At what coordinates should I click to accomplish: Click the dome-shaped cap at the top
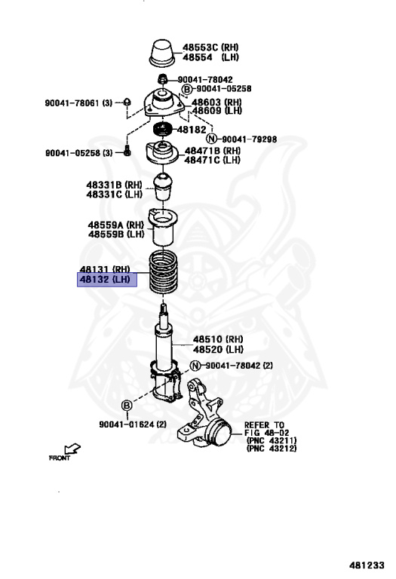point(162,54)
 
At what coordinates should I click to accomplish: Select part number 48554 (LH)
point(211,57)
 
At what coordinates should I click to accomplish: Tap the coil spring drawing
point(163,272)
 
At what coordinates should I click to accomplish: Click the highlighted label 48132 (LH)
point(107,280)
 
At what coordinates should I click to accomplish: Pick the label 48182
point(192,130)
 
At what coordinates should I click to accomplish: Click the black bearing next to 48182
point(162,129)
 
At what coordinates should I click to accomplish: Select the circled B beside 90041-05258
point(187,89)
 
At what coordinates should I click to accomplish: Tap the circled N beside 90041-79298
point(211,139)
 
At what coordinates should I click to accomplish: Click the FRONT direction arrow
point(72,449)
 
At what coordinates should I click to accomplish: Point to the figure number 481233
point(367,565)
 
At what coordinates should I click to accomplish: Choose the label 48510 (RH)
point(218,339)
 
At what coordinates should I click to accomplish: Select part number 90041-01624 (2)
point(133,424)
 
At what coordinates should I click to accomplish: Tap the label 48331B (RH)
point(114,185)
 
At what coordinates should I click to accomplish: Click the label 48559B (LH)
point(116,234)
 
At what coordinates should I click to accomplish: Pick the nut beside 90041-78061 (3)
point(127,102)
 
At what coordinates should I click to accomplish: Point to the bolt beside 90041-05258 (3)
point(127,151)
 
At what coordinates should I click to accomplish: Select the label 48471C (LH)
point(212,160)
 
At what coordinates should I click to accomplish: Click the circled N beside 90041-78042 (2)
point(195,366)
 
